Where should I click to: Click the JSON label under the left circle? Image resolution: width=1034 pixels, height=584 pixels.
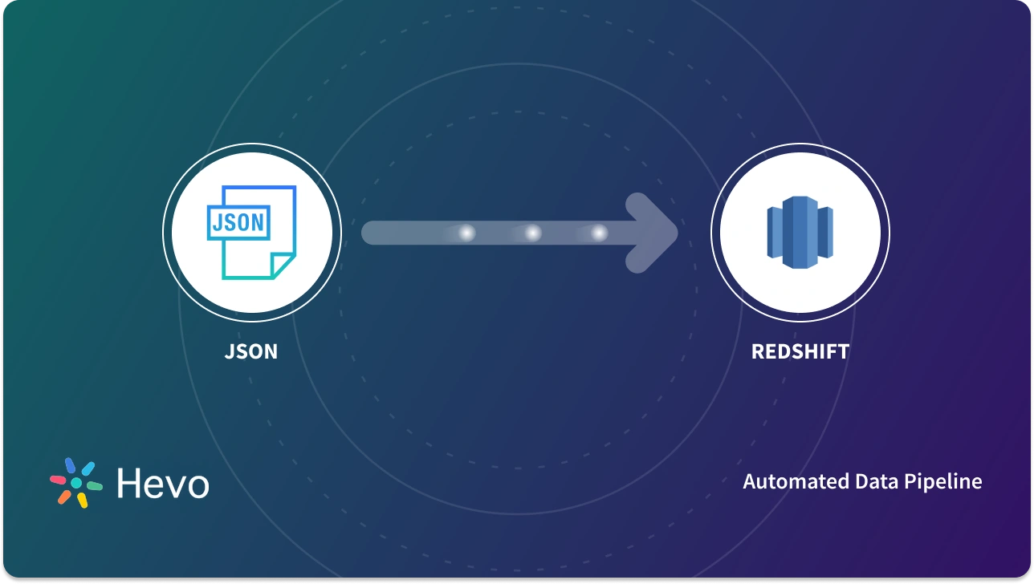coord(251,351)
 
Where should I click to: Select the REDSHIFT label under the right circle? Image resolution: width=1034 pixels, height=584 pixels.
coord(800,351)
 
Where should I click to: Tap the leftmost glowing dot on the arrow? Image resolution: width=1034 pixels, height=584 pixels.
coord(466,233)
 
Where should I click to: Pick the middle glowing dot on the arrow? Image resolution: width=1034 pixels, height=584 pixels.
coord(532,233)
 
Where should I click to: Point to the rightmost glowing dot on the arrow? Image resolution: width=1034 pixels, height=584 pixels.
coord(599,233)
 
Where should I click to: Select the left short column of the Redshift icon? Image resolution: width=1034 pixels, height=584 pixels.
coord(774,233)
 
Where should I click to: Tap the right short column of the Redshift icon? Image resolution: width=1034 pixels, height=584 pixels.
coord(825,233)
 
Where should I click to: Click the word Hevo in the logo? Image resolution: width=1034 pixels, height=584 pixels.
coord(163,484)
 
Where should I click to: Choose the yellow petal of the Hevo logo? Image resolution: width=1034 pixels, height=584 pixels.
coord(82,500)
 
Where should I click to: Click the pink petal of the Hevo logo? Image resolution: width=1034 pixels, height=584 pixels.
coord(59,480)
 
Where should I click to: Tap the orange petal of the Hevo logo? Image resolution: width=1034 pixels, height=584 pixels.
coord(63,497)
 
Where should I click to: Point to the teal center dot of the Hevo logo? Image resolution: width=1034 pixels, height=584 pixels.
coord(76,483)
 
